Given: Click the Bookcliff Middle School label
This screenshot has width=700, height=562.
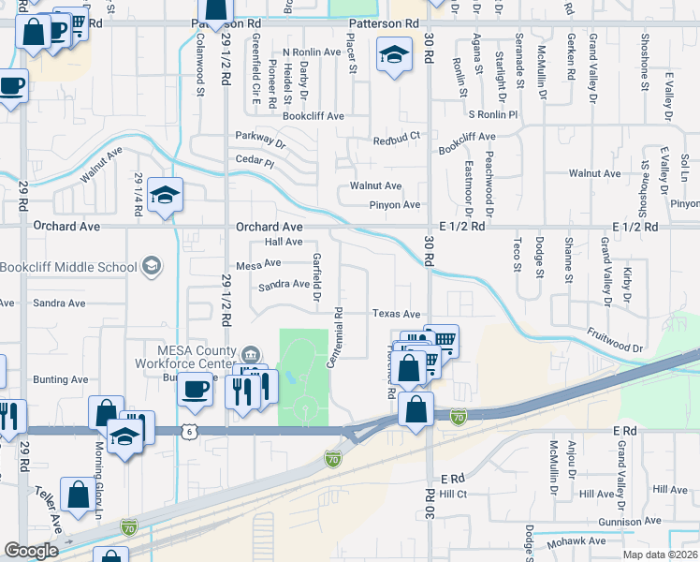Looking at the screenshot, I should click(68, 267).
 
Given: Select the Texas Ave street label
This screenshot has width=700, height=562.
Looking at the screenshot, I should click(397, 315).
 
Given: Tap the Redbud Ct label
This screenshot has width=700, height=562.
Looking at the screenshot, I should click(398, 138).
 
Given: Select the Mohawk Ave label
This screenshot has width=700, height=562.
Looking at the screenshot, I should click(578, 541).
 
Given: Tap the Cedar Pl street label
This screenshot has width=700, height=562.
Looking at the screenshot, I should click(255, 162).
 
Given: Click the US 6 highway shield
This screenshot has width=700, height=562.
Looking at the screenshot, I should click(190, 431).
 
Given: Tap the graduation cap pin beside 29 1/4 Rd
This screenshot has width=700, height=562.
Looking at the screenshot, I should click(165, 195).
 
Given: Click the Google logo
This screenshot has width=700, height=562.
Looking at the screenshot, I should click(31, 551).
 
